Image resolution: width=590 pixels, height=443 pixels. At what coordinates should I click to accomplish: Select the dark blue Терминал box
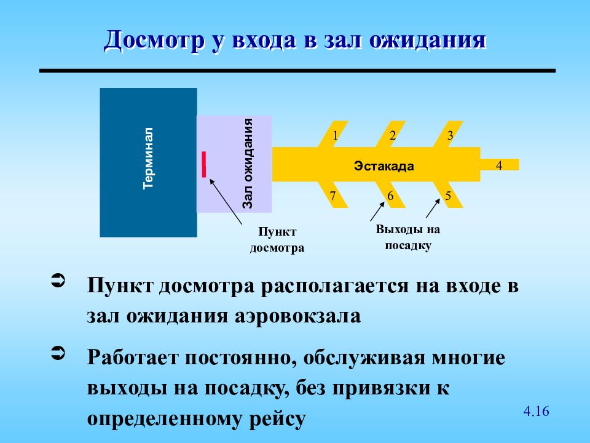click(148, 162)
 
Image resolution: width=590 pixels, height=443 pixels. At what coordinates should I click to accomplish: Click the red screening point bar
click(204, 164)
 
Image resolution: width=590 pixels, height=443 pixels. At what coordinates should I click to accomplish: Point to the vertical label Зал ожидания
click(248, 164)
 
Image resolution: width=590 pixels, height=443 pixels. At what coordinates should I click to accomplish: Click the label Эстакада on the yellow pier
click(383, 166)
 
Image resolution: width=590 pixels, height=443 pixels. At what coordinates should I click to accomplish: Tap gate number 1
click(336, 136)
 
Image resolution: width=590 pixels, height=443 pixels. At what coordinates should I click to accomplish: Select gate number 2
click(393, 136)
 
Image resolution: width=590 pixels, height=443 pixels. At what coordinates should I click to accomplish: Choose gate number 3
click(450, 136)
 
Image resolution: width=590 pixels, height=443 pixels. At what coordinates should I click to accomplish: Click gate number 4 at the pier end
click(499, 165)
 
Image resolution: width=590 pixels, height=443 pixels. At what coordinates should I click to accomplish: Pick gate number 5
click(448, 196)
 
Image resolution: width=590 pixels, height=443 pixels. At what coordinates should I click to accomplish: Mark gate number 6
click(390, 196)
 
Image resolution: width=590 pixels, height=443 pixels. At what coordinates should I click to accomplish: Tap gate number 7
click(332, 196)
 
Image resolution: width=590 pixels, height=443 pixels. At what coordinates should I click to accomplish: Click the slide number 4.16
click(536, 411)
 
